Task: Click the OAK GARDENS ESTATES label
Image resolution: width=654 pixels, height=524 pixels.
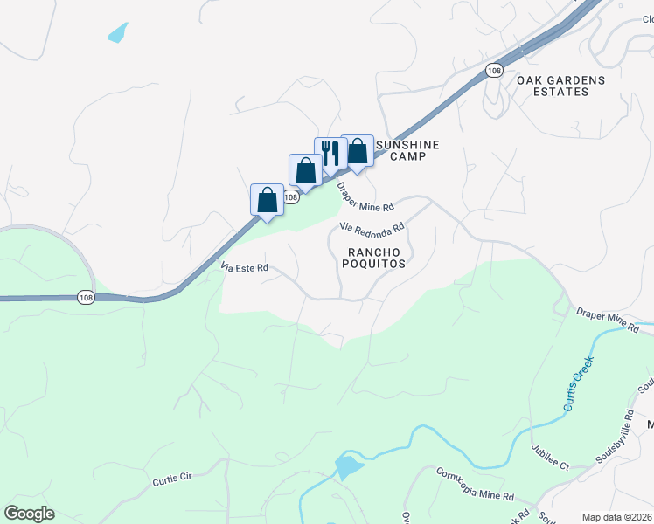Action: (x=560, y=86)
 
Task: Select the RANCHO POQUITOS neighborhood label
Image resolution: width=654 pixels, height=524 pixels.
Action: (x=376, y=257)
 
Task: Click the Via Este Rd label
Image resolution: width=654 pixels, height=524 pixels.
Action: (x=244, y=267)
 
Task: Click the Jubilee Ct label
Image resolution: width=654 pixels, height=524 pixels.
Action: (x=549, y=458)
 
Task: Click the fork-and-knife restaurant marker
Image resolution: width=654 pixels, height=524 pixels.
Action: (x=330, y=153)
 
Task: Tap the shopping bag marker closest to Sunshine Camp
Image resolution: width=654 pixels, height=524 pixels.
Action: (x=357, y=151)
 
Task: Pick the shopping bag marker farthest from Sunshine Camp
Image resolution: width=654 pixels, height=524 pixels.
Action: (x=267, y=199)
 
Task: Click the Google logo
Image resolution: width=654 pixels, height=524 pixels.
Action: (x=29, y=514)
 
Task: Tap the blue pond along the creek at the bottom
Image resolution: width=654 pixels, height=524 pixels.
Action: (x=349, y=466)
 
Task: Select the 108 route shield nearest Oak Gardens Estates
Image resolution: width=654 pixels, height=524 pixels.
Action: (x=495, y=70)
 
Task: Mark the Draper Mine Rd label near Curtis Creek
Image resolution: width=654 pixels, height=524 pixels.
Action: (x=607, y=321)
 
